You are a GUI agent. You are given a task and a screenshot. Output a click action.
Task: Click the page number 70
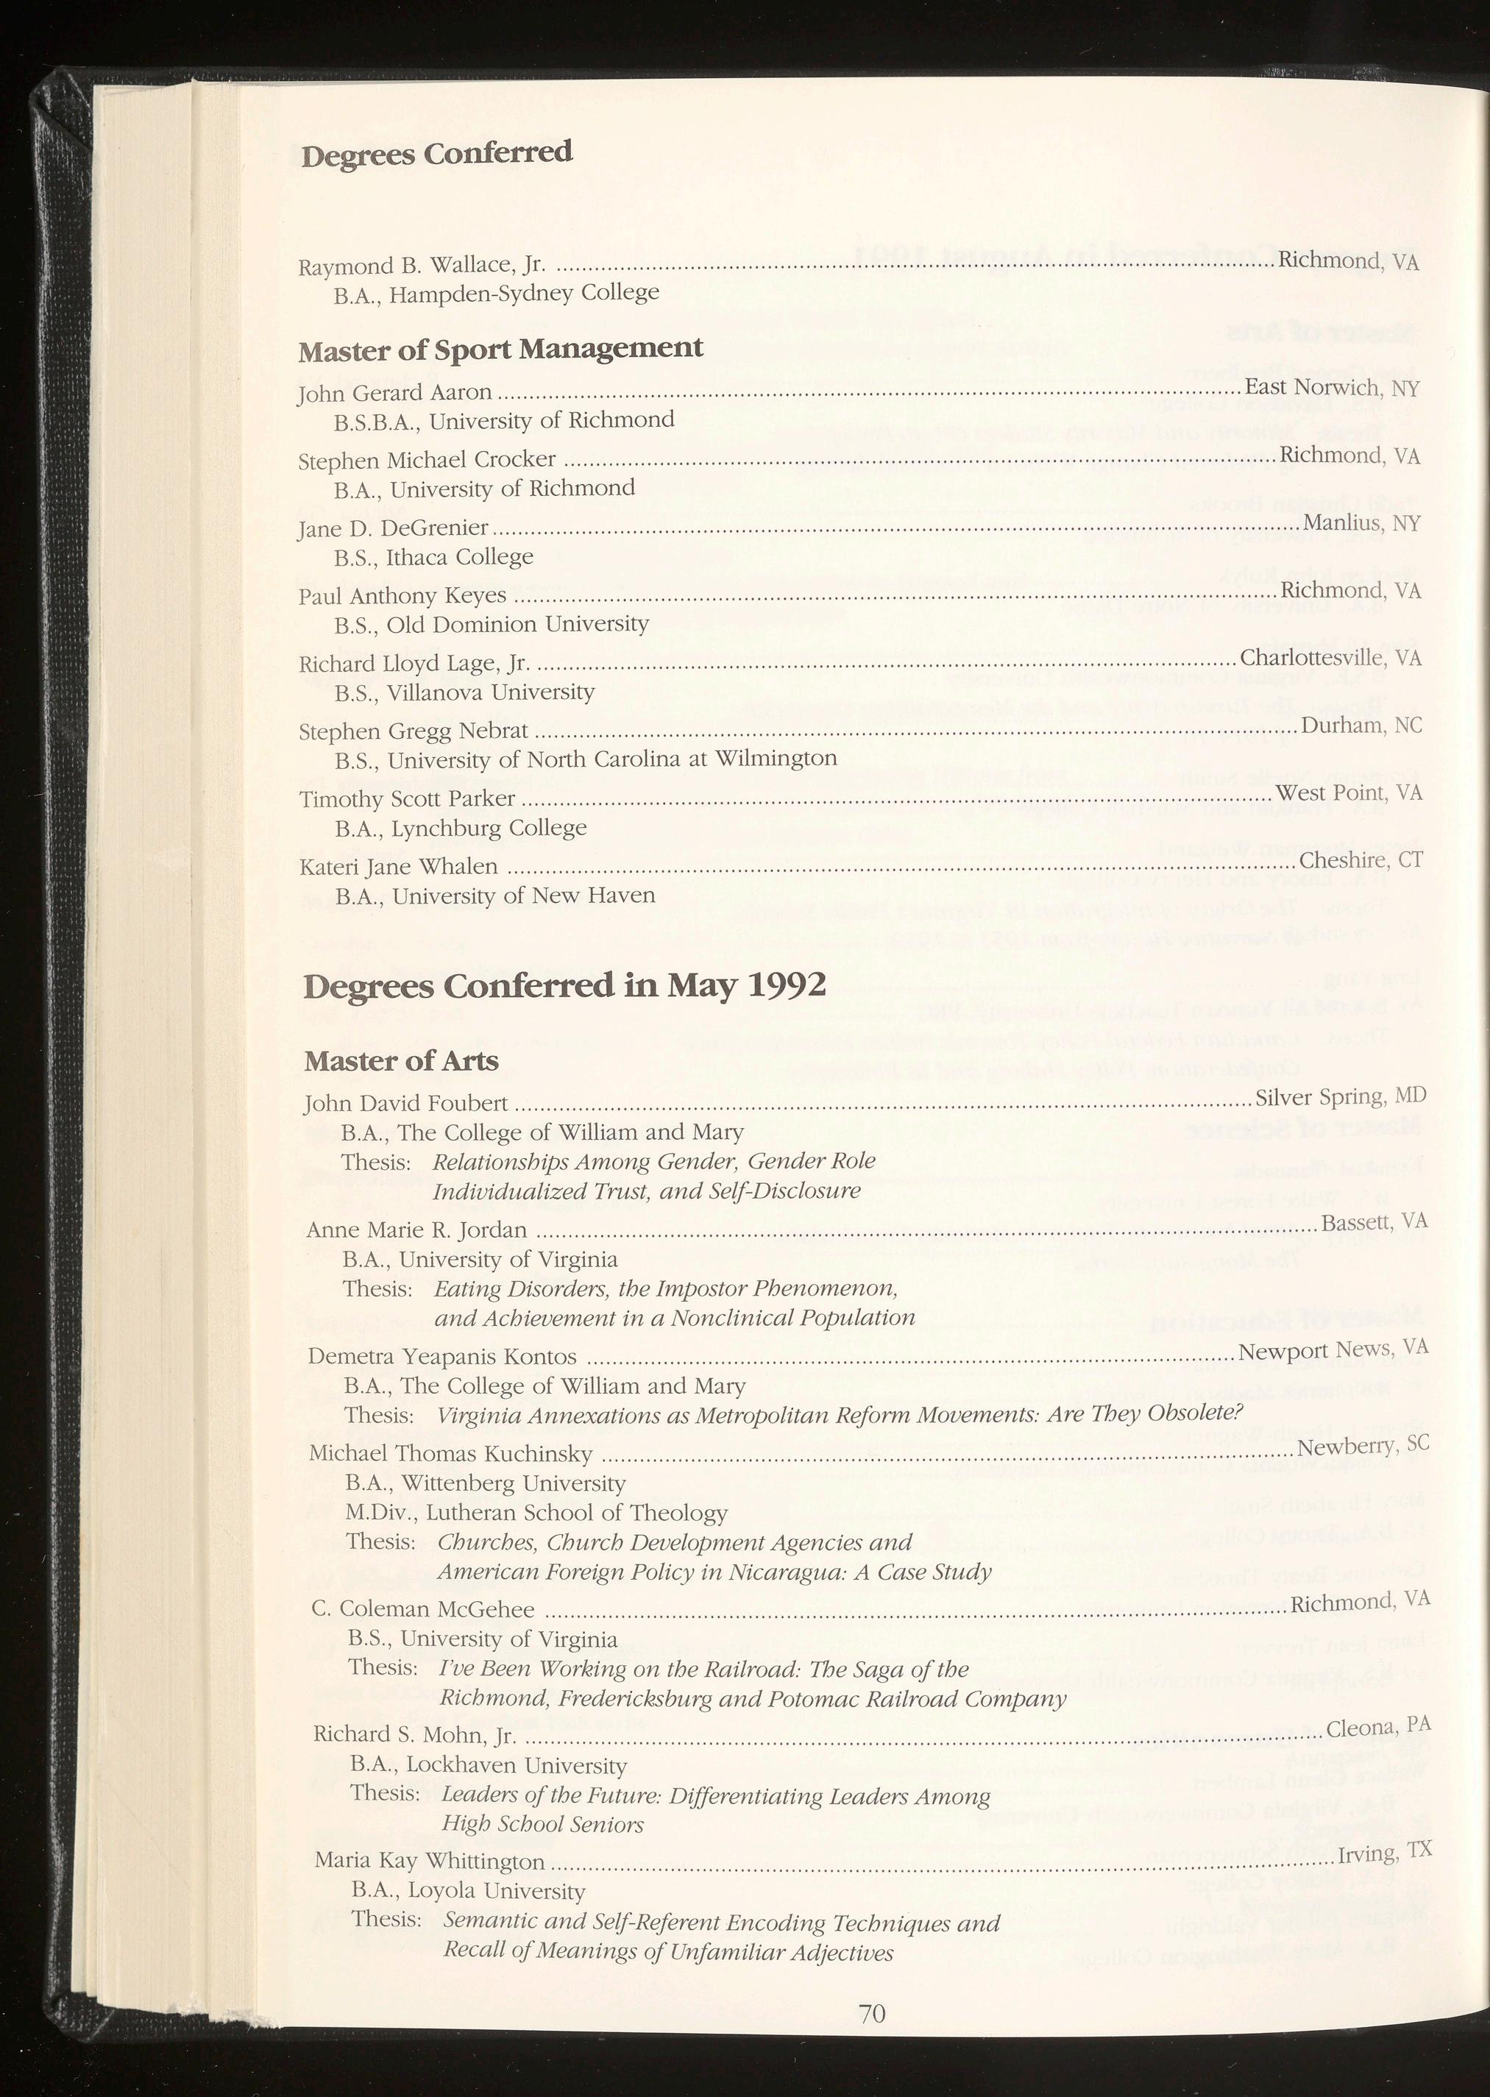(872, 2014)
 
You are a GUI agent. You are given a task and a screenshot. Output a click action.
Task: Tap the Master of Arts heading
(401, 1061)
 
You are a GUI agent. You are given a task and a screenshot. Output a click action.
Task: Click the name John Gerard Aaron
(395, 393)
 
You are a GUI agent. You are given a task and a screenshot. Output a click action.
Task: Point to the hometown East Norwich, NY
(1331, 388)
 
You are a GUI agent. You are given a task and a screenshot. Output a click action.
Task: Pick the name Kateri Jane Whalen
(399, 867)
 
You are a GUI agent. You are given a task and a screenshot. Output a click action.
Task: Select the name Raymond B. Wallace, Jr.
(422, 266)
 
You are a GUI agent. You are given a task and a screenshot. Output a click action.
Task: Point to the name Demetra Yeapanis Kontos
(442, 1357)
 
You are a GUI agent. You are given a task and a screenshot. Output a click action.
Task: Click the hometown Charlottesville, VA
(1330, 658)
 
